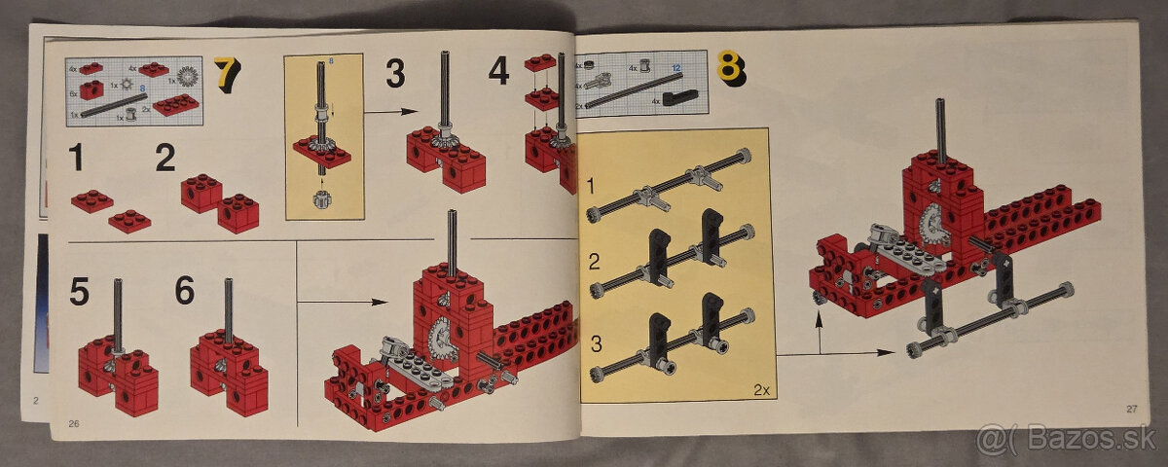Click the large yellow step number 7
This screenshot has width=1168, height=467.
click(x=226, y=75)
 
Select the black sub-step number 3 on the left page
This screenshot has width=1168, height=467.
click(x=395, y=73)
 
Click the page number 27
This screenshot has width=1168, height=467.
click(x=1131, y=409)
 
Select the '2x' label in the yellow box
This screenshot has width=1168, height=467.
click(x=760, y=390)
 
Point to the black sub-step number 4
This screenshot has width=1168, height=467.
click(x=498, y=71)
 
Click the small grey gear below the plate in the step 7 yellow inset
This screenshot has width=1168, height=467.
click(x=323, y=200)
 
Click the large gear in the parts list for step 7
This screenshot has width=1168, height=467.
click(x=188, y=74)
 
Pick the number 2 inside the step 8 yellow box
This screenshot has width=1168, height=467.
click(x=594, y=263)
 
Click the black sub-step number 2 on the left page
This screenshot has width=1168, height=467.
click(x=165, y=158)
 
